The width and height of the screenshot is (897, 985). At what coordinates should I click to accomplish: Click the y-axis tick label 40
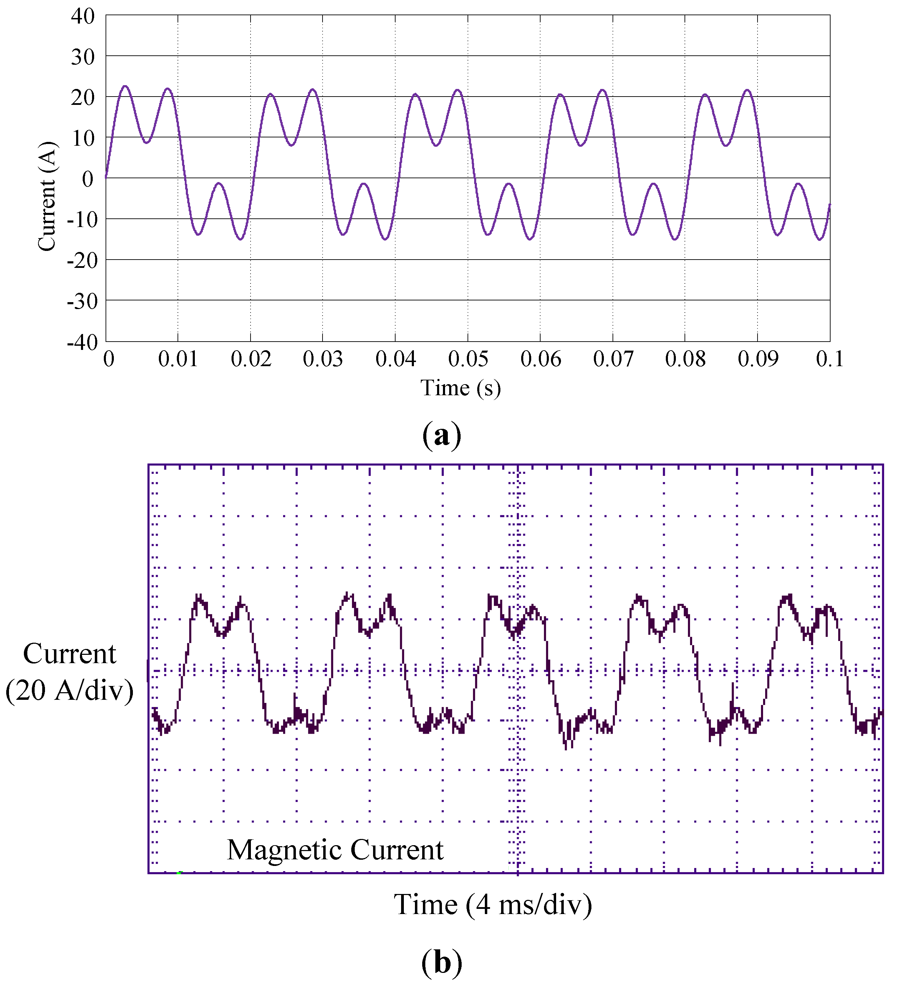(83, 17)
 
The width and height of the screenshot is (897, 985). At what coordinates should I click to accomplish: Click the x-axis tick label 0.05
(468, 360)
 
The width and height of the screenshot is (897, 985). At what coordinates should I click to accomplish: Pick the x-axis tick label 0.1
(830, 360)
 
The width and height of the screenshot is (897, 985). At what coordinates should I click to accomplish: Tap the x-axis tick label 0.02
(251, 360)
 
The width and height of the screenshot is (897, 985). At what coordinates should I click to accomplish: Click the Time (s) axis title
(461, 388)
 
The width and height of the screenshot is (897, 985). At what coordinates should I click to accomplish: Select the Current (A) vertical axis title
(47, 197)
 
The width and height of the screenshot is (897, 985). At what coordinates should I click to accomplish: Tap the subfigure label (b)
(442, 963)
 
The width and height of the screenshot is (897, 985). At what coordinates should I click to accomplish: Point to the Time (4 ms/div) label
(493, 905)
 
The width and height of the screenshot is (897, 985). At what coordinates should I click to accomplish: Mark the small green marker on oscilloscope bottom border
(179, 873)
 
